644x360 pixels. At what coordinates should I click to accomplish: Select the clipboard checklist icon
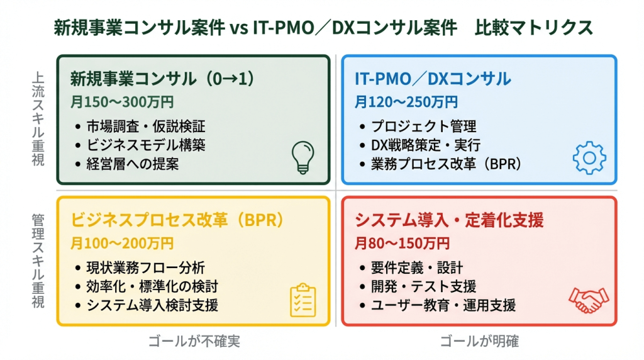pyautogui.click(x=303, y=300)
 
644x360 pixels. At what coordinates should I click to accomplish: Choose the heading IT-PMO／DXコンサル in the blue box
pyautogui.click(x=433, y=79)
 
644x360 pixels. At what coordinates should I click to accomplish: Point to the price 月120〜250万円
pyautogui.click(x=406, y=101)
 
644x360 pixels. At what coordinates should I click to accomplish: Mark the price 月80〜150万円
pyautogui.click(x=402, y=243)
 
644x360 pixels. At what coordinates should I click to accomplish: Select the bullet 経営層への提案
pyautogui.click(x=136, y=164)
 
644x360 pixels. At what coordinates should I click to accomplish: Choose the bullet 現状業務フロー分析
pyautogui.click(x=146, y=267)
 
